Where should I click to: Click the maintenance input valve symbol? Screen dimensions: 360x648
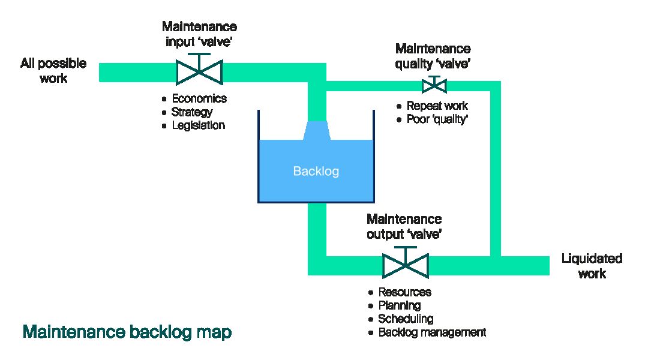tap(200, 72)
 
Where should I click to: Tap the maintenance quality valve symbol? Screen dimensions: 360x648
tap(433, 85)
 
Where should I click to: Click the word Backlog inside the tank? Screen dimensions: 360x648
tap(316, 172)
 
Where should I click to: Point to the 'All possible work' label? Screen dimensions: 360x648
tap(53, 71)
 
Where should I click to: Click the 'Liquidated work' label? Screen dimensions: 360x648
tap(592, 266)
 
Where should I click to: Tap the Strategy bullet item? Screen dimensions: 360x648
tap(191, 112)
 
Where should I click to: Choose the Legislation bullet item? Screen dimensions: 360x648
tap(198, 125)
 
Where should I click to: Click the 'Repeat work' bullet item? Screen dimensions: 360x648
tap(437, 106)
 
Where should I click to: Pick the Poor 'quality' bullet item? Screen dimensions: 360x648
tap(437, 119)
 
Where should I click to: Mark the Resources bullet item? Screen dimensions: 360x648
tap(404, 292)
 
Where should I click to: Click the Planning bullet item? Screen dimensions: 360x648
tap(399, 305)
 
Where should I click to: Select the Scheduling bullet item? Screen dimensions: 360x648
tap(405, 319)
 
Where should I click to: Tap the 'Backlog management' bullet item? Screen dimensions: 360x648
tap(431, 332)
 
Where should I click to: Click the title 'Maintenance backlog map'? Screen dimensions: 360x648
tap(127, 332)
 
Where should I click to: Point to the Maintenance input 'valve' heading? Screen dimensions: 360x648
tap(199, 34)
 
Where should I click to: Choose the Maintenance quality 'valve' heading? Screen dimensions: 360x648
tap(433, 56)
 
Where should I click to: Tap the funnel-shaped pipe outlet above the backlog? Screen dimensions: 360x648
tap(316, 130)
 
